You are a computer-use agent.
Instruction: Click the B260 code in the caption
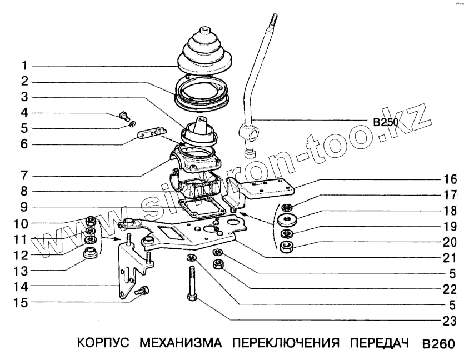pos(438,343)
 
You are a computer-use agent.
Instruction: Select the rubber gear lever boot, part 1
pos(205,53)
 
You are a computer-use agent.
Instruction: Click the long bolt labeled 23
pos(192,283)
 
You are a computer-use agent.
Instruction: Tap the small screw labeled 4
pos(124,117)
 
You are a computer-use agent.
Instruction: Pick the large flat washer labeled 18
pos(288,218)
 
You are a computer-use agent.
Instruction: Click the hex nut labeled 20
pos(287,247)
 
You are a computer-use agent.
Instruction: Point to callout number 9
pos(25,207)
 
